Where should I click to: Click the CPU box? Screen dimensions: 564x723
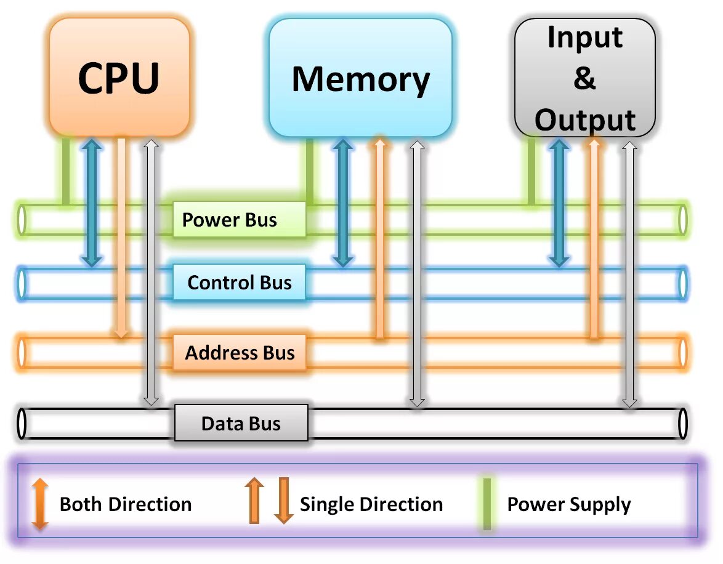pyautogui.click(x=119, y=76)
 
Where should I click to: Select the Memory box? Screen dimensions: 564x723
pyautogui.click(x=360, y=78)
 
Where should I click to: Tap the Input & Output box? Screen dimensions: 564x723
pyautogui.click(x=584, y=78)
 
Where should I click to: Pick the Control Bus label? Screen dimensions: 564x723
pyautogui.click(x=239, y=283)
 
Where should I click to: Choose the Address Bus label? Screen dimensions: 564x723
pyautogui.click(x=239, y=353)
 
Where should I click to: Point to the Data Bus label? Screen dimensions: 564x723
pyautogui.click(x=241, y=423)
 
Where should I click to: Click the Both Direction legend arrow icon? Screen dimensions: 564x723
pyautogui.click(x=40, y=504)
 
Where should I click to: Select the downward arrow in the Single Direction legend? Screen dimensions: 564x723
pyautogui.click(x=283, y=500)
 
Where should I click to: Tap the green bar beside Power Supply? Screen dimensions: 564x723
pyautogui.click(x=487, y=504)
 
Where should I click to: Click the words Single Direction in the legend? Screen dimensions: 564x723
pyautogui.click(x=371, y=504)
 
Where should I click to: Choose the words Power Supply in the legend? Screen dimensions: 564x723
pyautogui.click(x=568, y=504)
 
